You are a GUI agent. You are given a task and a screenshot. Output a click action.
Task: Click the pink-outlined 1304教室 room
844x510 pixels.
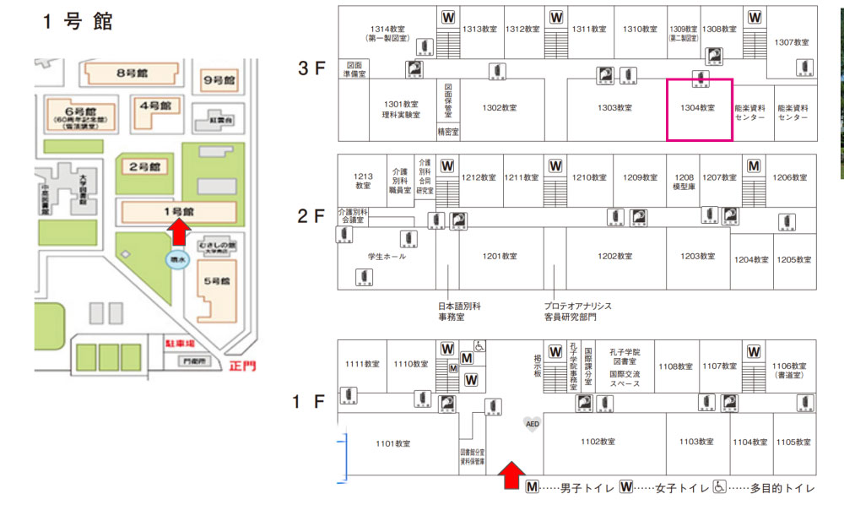tap(700, 110)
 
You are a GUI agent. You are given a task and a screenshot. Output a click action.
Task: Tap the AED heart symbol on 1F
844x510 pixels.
tap(532, 423)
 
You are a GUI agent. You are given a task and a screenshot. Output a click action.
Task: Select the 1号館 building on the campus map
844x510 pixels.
tap(177, 210)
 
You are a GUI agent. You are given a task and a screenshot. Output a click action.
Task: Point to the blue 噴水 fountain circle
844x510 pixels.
tap(177, 260)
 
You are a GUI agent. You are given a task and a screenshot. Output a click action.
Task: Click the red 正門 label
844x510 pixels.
tap(241, 366)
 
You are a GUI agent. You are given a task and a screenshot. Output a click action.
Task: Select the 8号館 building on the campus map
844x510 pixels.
tap(133, 74)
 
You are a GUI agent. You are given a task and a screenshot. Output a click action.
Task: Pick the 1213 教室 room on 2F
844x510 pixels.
tap(363, 180)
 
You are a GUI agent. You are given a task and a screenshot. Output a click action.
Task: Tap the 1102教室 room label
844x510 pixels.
tap(603, 442)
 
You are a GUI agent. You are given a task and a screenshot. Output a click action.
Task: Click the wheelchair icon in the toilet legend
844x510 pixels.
tap(720, 487)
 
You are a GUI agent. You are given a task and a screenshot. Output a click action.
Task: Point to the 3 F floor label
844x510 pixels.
tap(311, 68)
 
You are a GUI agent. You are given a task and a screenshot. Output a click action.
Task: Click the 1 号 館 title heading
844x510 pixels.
tap(77, 22)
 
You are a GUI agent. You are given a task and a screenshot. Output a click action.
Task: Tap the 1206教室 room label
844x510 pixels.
tap(790, 177)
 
